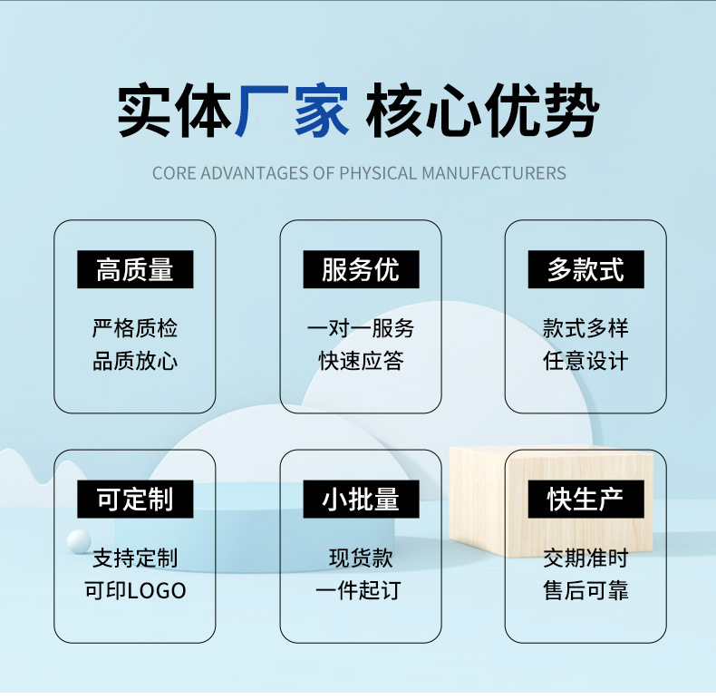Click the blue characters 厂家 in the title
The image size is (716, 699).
coord(293,112)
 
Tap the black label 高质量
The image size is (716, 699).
coord(135,269)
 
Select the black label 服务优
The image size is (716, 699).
coord(360,269)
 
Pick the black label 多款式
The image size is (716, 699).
coord(585,269)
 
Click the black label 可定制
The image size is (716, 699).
coord(135,499)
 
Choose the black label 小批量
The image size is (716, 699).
coord(360,499)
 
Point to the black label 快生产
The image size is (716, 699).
coord(585,499)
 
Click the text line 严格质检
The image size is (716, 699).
coord(135,328)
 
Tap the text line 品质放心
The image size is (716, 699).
coord(135,362)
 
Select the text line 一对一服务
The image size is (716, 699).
coord(360,328)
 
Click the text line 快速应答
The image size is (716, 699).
coord(360,362)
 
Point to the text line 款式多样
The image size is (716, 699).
coord(585,328)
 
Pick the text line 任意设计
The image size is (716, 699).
coord(585,362)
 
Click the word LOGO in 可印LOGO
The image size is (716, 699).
coord(156,591)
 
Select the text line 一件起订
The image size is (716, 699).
coord(360,591)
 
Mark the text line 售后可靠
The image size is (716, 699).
coord(585,591)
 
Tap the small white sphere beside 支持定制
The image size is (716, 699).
coord(79,541)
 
